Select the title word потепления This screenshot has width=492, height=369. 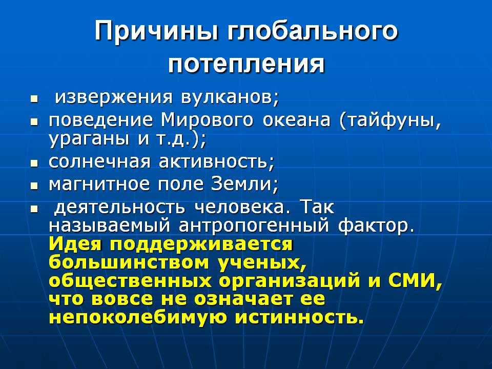[247, 65]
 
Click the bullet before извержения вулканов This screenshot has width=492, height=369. [34, 100]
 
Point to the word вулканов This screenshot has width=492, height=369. [230, 97]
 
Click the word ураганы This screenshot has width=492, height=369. [89, 139]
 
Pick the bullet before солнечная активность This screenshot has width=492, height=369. [34, 163]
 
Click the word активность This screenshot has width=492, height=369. [216, 162]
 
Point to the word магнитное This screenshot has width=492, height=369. [99, 184]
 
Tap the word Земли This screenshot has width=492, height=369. [244, 184]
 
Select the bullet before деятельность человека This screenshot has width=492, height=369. [34, 208]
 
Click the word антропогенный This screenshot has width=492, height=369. [254, 226]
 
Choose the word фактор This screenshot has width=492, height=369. [376, 225]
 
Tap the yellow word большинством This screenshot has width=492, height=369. [129, 262]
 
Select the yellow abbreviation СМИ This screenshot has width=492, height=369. [415, 280]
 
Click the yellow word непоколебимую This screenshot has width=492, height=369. [137, 317]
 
